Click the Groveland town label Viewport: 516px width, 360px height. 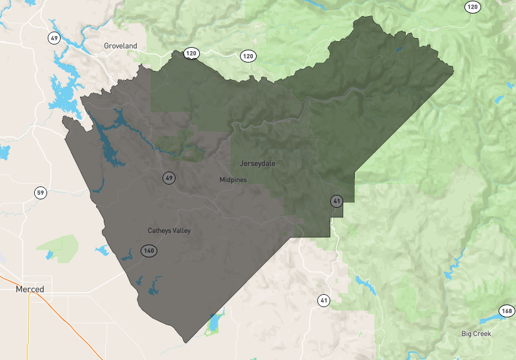[121, 46]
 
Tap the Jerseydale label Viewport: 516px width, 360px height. [257, 163]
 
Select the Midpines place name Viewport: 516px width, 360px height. [233, 179]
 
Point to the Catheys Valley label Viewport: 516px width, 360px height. [169, 230]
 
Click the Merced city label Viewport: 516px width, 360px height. [30, 290]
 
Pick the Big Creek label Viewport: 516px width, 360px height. [476, 334]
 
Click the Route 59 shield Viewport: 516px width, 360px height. [41, 193]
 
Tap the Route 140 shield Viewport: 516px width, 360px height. [149, 250]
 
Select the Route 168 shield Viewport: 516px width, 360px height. [506, 312]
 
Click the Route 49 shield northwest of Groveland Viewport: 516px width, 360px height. [55, 37]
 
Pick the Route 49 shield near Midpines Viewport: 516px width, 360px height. [169, 178]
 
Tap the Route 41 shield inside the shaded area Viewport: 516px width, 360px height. [336, 201]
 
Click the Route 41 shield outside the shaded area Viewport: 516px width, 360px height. [323, 300]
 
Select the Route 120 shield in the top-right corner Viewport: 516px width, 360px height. [473, 7]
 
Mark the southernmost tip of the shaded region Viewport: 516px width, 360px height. [186, 342]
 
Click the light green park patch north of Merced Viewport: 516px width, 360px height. [58, 246]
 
